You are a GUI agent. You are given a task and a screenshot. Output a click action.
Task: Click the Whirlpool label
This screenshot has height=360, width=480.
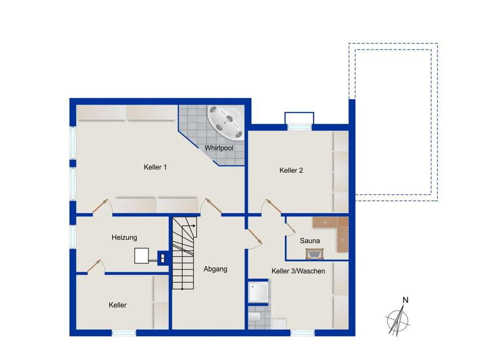pos(219,148)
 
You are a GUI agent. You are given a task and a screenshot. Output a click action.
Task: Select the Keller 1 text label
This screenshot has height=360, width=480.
pos(155,167)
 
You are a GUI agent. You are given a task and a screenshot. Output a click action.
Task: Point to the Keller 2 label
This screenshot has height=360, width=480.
pos(291,170)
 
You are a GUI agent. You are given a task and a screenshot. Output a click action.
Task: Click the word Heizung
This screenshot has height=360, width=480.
pos(124,238)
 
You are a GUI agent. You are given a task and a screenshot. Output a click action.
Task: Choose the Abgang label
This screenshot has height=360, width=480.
pos(216,269)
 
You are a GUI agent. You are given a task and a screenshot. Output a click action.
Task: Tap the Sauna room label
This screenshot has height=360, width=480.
pos(310,241)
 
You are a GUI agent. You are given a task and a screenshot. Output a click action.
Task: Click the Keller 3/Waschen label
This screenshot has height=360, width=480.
pos(298,271)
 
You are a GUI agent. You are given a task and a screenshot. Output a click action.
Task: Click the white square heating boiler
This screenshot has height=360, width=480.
pos(141,255)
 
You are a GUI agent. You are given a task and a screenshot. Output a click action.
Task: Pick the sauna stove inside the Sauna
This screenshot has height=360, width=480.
pos(314,254)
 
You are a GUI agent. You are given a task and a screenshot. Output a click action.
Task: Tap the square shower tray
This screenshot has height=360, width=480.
pos(259,292)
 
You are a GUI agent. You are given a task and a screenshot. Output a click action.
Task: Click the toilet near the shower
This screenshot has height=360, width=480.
pos(254,317)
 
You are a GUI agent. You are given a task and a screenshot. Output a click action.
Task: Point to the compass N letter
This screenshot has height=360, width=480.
pos(405,300)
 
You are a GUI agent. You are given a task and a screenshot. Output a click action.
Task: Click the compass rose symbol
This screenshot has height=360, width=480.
pos(398,320)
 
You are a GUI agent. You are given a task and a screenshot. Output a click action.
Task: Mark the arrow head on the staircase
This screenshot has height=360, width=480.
pos(194,226)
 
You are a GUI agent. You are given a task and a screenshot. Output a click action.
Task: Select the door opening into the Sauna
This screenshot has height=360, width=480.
pos(290,227)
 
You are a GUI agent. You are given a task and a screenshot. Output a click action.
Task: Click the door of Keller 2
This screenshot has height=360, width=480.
pos(273,206)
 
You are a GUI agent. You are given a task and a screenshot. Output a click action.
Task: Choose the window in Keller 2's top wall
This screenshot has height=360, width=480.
pos(299,127)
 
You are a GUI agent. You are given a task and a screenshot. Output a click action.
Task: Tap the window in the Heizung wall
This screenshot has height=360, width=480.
pos(73,237)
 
